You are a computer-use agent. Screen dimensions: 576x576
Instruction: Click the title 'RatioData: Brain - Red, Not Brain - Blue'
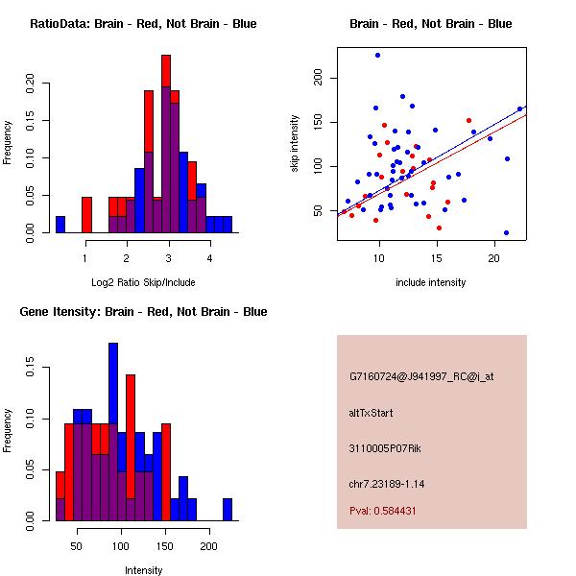click(143, 24)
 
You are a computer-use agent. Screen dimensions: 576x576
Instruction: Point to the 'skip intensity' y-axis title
click(295, 145)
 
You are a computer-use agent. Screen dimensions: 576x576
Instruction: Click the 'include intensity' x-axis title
click(431, 282)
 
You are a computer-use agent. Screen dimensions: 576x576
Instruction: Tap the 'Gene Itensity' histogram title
click(143, 312)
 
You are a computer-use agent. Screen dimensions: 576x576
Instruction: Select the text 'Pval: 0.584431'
click(382, 512)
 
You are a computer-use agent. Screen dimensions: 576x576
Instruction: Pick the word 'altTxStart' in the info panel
click(371, 414)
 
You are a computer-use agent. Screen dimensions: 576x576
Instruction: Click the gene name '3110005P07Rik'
click(382, 448)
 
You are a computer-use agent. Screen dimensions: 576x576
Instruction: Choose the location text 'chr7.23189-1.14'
click(386, 483)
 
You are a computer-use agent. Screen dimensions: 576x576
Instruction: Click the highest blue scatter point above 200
click(377, 55)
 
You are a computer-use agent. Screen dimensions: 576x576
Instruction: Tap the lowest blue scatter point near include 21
click(506, 232)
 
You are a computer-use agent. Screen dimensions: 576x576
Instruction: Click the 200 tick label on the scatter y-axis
click(317, 78)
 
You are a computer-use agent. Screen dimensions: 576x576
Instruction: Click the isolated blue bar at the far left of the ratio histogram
click(60, 225)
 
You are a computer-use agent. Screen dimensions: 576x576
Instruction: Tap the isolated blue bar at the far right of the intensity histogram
click(228, 510)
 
